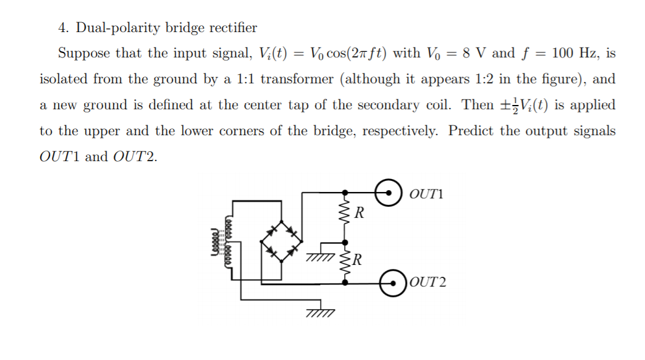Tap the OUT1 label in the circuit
click(x=426, y=195)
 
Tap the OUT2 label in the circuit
click(x=428, y=283)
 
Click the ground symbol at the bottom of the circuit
click(x=319, y=313)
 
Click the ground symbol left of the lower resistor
click(x=319, y=256)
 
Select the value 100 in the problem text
click(x=565, y=53)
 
